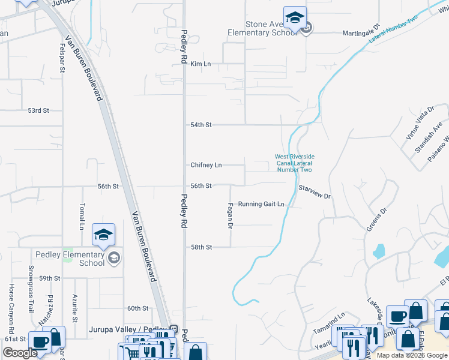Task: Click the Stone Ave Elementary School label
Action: (x=262, y=28)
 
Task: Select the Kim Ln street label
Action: (x=201, y=64)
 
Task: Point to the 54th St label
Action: (x=201, y=125)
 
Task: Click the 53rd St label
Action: (x=38, y=110)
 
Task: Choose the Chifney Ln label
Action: (x=206, y=165)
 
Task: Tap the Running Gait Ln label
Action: (x=261, y=204)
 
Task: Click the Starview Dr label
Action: (x=315, y=192)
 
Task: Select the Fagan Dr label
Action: (x=229, y=215)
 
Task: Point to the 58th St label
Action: (x=202, y=247)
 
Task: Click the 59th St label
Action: (x=50, y=278)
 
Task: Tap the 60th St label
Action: (x=137, y=308)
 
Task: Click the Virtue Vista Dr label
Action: (x=420, y=124)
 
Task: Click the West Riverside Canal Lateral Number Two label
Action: (x=294, y=163)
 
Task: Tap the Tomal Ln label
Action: (x=82, y=217)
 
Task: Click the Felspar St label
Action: (x=62, y=58)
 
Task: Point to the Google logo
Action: (x=20, y=353)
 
